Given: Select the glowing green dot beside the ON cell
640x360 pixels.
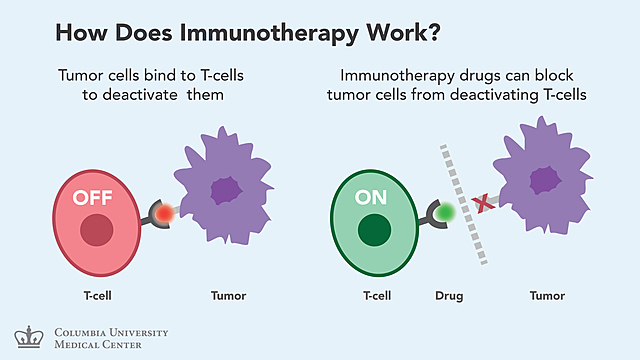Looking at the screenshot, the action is pos(445,212).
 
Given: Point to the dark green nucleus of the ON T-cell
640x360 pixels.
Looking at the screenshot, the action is pos(376,231).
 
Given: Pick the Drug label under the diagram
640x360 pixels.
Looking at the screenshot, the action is pos(449,296).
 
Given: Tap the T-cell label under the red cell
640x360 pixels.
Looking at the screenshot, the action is pos(98,296).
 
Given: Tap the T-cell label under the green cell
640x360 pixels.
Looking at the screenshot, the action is pos(377,296).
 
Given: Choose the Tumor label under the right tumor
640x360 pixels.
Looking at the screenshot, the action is pos(545,296).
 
